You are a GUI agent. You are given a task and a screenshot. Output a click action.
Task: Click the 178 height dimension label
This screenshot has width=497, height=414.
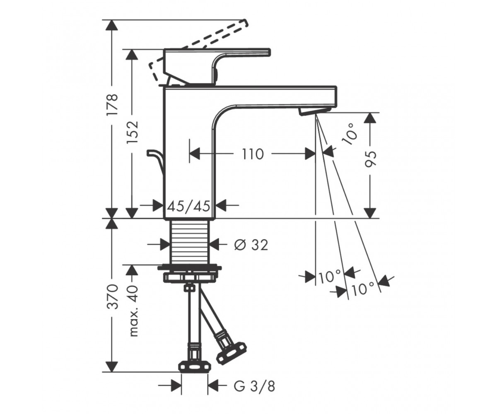point(112,105)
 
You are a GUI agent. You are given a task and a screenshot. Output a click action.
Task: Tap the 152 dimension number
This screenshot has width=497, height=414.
point(132,132)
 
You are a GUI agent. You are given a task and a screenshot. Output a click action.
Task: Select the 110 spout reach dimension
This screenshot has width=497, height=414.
point(253,154)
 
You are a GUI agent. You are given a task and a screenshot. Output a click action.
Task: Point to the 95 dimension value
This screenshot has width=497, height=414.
point(370,159)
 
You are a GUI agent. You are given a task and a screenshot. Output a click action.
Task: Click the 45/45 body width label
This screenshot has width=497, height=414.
point(188,206)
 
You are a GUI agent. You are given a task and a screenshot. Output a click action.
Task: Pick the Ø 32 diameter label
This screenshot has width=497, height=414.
point(251,245)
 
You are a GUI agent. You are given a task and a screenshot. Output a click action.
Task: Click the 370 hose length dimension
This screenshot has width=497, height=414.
point(112,296)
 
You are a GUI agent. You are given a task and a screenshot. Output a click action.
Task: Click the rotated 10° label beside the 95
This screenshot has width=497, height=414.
point(350,134)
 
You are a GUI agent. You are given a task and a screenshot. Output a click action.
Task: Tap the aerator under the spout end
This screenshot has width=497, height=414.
point(314,111)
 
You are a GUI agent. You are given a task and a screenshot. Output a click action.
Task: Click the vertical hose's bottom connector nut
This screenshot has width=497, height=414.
point(195,372)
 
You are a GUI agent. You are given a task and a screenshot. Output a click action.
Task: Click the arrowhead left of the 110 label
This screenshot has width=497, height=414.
point(195,154)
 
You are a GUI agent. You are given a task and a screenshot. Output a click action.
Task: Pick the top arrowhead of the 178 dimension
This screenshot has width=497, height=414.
point(112,25)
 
